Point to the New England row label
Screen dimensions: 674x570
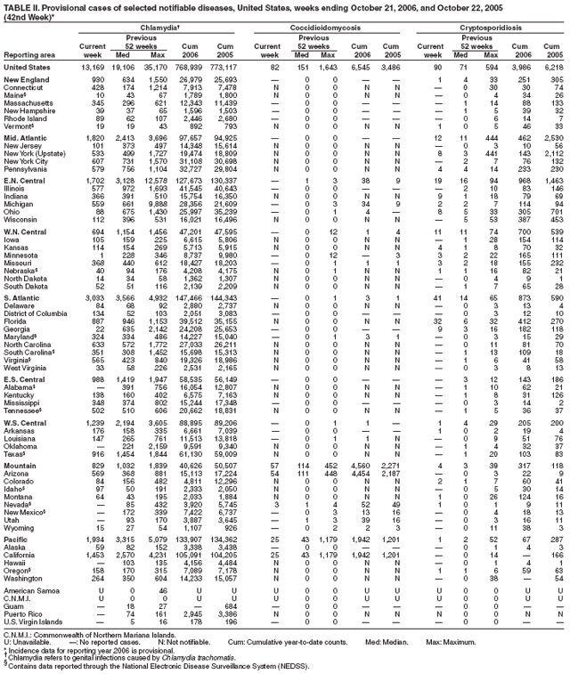click(29, 80)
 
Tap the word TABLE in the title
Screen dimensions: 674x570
click(17, 7)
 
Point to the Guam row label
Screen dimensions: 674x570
click(20, 606)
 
